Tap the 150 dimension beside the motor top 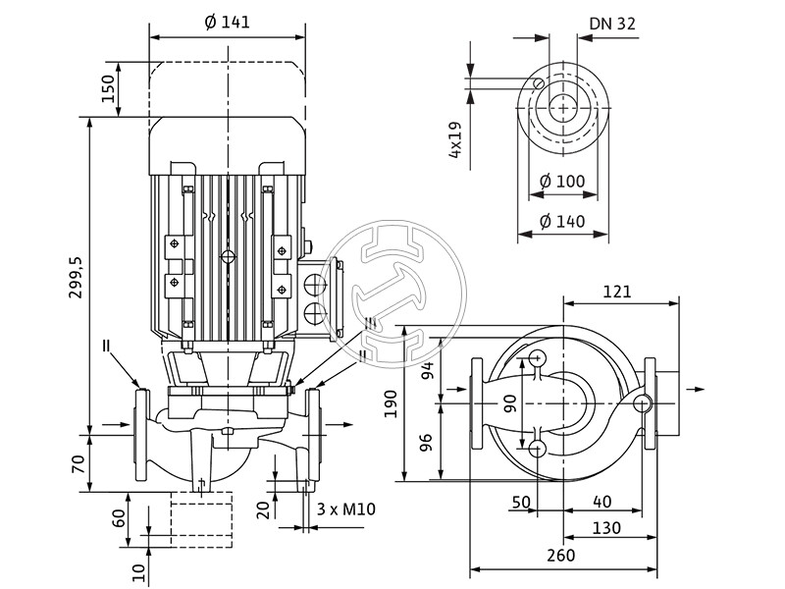109,90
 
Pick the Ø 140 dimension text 562,221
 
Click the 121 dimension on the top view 616,292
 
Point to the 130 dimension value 607,527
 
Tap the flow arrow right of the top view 695,390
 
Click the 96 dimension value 427,443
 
